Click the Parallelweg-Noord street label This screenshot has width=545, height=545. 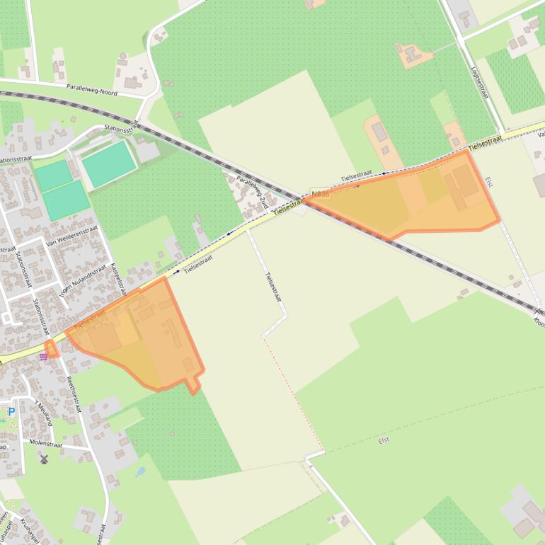click(92, 89)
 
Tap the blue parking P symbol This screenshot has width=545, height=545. click(11, 411)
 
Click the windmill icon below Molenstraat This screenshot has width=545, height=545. click(44, 459)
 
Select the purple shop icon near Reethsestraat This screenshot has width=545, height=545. click(44, 357)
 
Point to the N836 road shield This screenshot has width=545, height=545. click(320, 193)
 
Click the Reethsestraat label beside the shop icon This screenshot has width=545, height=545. click(71, 393)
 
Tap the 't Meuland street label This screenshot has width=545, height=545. click(44, 413)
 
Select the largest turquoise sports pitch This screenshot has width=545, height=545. click(108, 163)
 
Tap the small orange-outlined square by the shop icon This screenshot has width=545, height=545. click(51, 348)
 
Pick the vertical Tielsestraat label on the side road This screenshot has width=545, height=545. click(273, 288)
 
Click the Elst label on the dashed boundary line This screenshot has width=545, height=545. click(384, 440)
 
